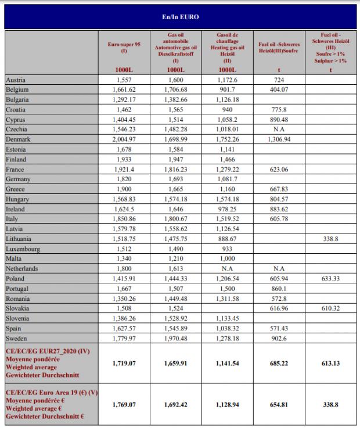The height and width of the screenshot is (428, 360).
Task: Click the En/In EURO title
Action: [180, 17]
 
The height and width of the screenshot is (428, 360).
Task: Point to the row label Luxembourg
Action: [23, 249]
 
